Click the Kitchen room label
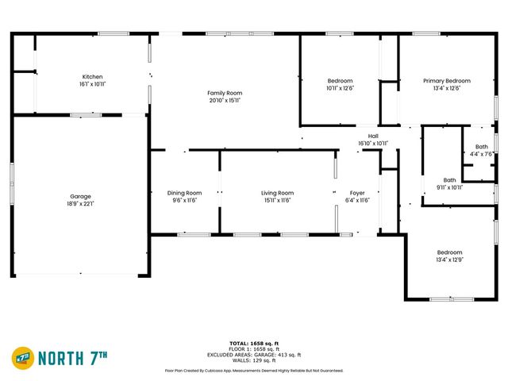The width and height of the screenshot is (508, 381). point(93,76)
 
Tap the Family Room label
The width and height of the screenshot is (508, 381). point(225,93)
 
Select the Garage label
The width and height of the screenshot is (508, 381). point(81,196)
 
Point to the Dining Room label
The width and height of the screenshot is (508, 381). point(184,193)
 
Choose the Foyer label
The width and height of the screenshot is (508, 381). point(357,193)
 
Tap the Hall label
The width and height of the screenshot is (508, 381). point(373,137)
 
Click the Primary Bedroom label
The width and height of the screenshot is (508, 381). point(446,81)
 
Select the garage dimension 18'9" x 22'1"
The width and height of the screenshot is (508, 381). point(81,203)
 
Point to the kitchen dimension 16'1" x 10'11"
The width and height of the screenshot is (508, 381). point(93,83)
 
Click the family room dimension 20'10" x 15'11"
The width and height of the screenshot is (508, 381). point(225,100)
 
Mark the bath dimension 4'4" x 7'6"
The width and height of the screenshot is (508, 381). point(482,154)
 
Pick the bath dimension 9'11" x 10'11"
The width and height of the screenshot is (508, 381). point(450,187)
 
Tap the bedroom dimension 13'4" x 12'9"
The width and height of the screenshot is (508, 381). point(449,260)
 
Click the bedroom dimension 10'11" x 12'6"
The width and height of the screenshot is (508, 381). point(341,88)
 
